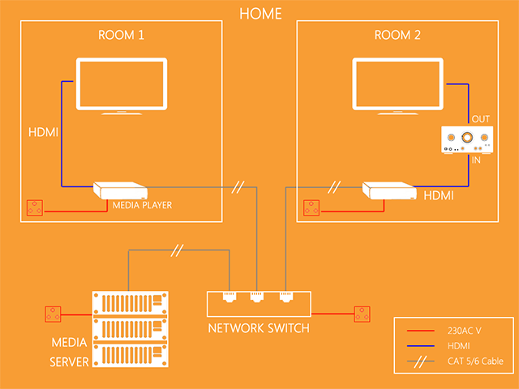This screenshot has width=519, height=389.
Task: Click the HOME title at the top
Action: [x=261, y=14]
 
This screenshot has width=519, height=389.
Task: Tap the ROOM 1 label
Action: [x=122, y=36]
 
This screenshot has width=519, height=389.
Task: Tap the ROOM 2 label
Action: [x=397, y=36]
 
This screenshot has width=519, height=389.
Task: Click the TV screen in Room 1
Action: [x=121, y=83]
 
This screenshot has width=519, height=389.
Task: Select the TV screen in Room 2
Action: [x=397, y=83]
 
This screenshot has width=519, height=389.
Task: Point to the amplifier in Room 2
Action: [x=465, y=141]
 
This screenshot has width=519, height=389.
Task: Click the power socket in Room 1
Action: [x=35, y=209]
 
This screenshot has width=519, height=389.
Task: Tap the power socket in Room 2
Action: [x=312, y=209]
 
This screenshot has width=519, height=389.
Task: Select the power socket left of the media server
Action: [x=54, y=314]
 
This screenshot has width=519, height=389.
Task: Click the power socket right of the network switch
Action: [x=362, y=314]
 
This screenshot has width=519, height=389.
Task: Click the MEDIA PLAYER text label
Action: [x=142, y=205]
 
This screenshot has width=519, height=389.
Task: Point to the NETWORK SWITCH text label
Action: [x=258, y=328]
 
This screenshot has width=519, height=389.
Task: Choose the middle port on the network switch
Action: [x=257, y=297]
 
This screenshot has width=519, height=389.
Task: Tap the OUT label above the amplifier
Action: [x=481, y=119]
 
